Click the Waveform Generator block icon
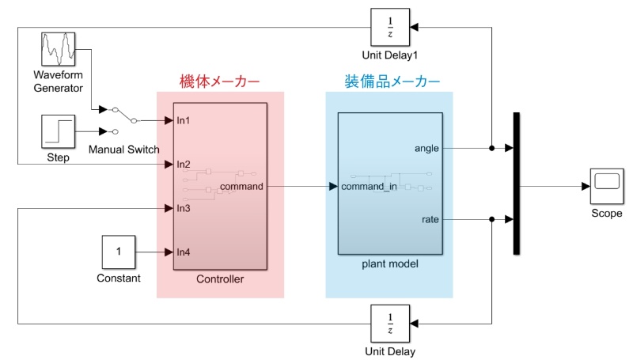tap(58, 50)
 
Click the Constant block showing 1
tap(119, 252)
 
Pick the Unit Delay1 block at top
tap(389, 28)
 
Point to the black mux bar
tap(517, 184)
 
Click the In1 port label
tap(184, 121)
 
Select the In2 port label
tap(184, 165)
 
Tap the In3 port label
tap(184, 208)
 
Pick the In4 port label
tap(184, 252)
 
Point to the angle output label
tap(426, 148)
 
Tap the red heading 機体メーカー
tap(220, 81)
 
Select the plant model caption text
tap(390, 263)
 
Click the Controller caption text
tap(220, 279)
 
